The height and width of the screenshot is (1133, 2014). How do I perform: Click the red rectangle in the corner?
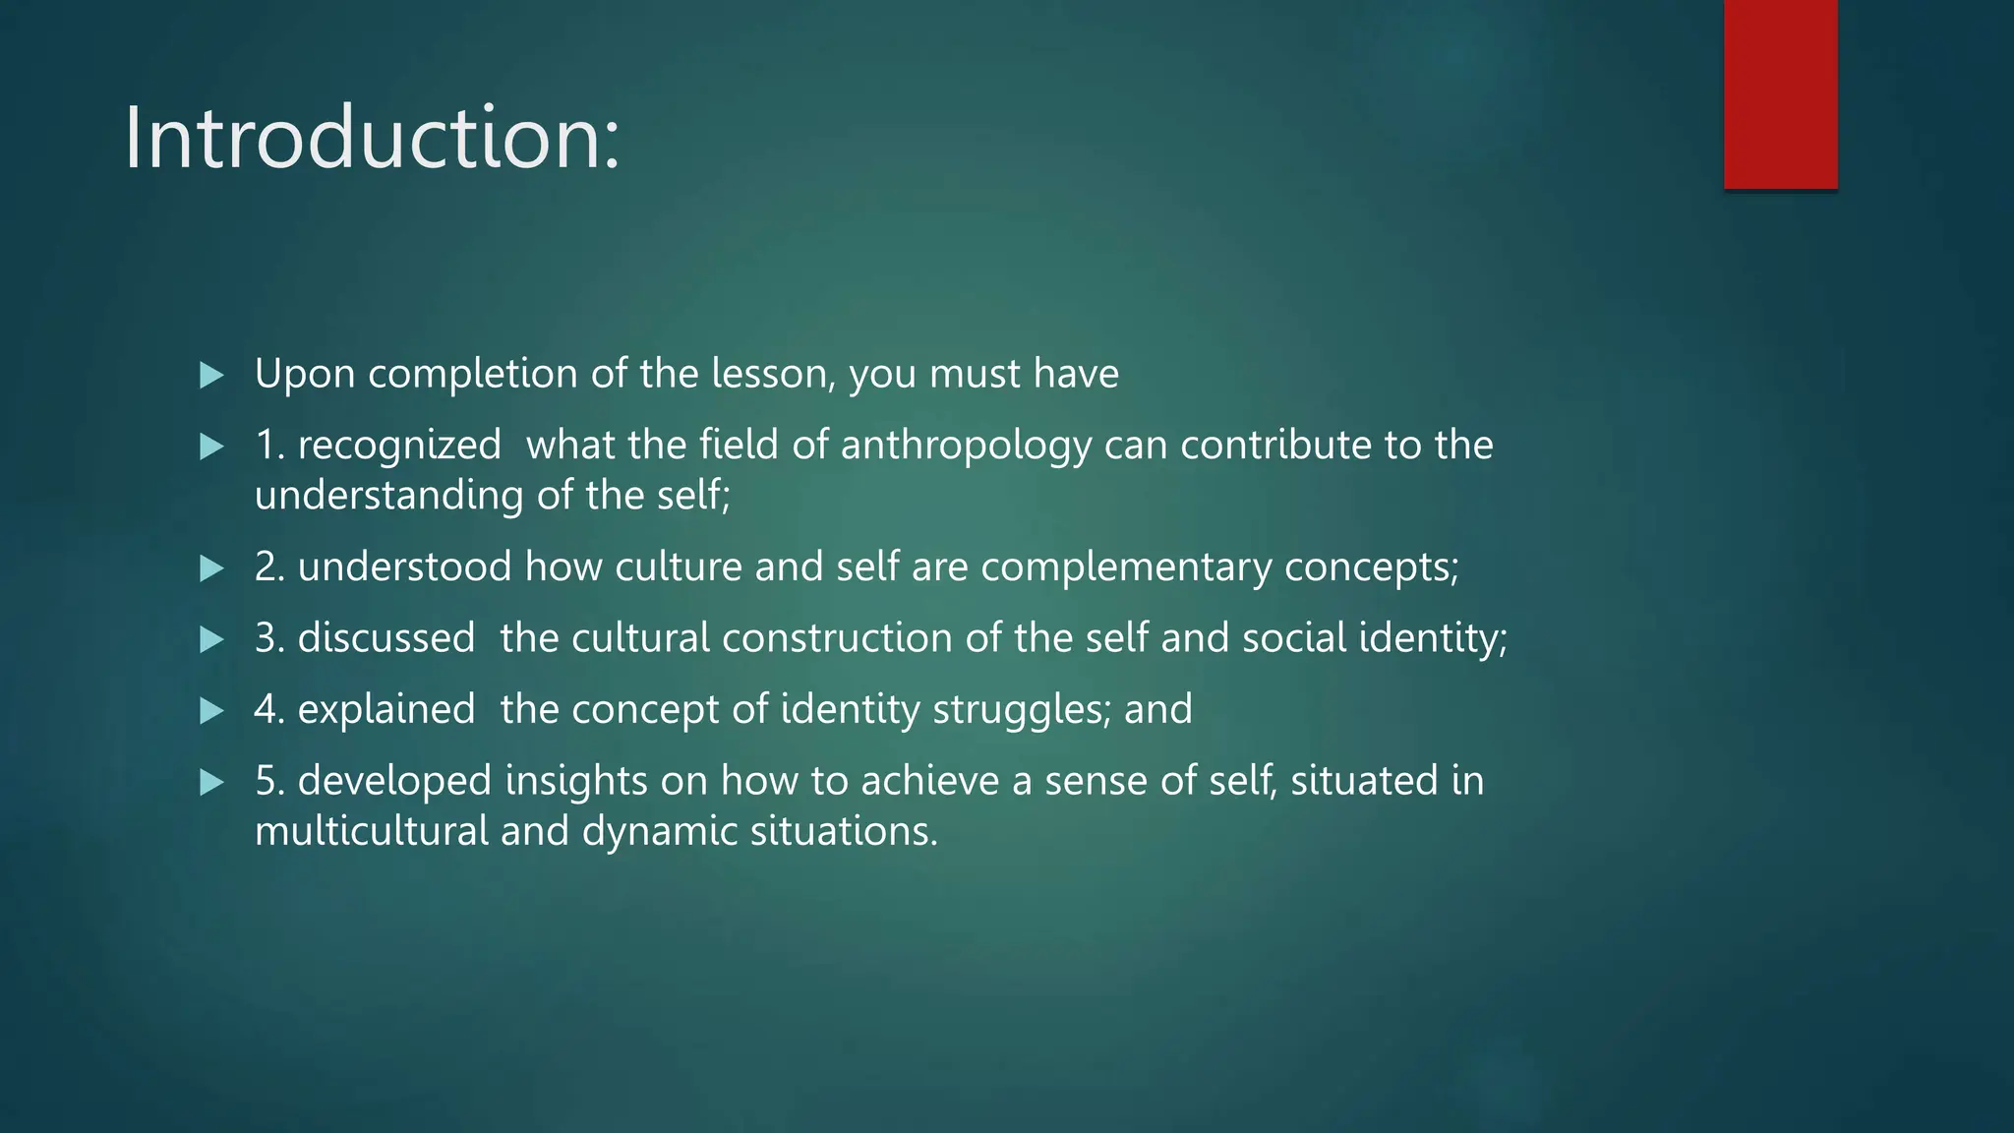click(1780, 93)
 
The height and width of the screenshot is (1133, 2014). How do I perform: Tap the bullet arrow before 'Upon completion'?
click(211, 375)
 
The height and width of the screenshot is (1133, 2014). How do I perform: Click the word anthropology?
click(966, 446)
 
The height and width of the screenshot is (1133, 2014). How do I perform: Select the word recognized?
click(399, 446)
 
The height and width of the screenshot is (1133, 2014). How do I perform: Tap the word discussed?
click(386, 638)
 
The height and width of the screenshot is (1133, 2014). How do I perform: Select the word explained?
click(386, 709)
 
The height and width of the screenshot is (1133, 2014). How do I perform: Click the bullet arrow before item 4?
click(211, 710)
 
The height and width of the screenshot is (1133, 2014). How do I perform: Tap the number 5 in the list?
click(267, 781)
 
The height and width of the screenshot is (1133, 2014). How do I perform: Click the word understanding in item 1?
click(388, 496)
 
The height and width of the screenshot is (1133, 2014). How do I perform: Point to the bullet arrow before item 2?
click(211, 568)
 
